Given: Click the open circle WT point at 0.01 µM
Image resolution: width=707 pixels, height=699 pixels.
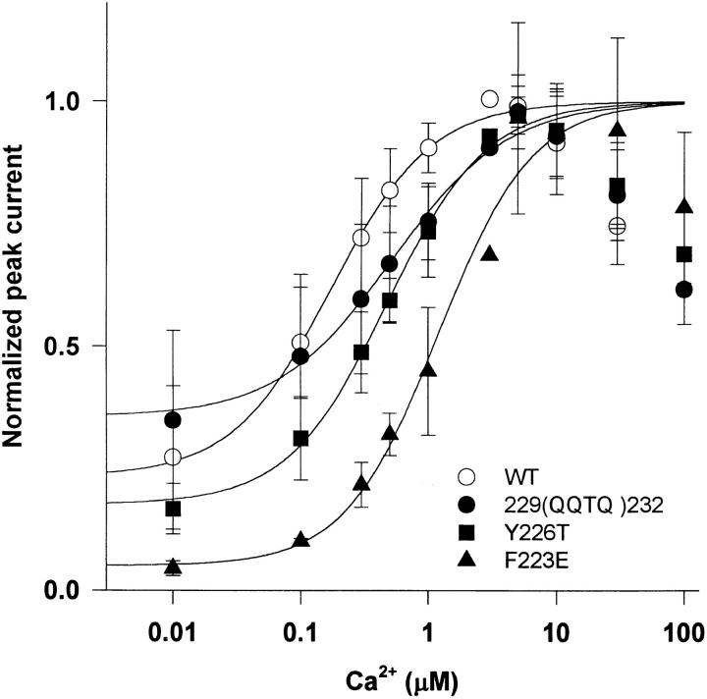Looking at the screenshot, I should pyautogui.click(x=173, y=457).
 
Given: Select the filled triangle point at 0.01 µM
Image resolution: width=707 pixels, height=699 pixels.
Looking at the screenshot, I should pyautogui.click(x=173, y=566).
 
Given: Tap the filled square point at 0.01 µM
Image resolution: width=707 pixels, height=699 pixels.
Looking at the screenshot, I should pyautogui.click(x=173, y=509).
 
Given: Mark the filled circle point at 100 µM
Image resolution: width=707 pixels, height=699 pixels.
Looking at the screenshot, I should pyautogui.click(x=683, y=290).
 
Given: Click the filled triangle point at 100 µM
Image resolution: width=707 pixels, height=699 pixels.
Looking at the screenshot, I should pyautogui.click(x=683, y=206).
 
